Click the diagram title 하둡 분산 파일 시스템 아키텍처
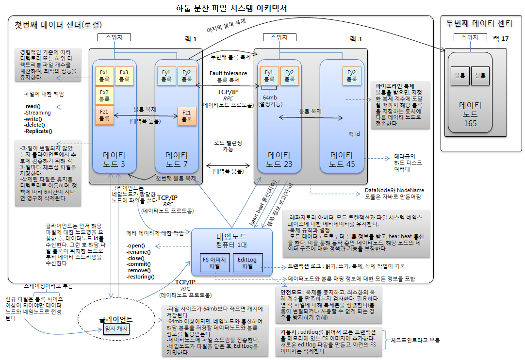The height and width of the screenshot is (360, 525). pyautogui.click(x=231, y=8)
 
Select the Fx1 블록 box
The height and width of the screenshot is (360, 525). pyautogui.click(x=104, y=75)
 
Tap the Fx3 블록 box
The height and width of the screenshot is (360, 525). pyautogui.click(x=124, y=75)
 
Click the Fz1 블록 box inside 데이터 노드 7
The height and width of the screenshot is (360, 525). pyautogui.click(x=187, y=115)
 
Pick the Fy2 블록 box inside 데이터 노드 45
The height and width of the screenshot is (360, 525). pyautogui.click(x=352, y=75)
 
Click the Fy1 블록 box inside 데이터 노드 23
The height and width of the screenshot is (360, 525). pyautogui.click(x=269, y=75)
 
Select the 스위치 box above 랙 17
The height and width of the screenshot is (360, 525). pyautogui.click(x=469, y=37)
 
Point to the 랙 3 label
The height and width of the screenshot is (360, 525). pyautogui.click(x=356, y=39)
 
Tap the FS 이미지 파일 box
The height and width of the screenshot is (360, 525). pyautogui.click(x=215, y=262)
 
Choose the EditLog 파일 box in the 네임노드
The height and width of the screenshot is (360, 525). pyautogui.click(x=247, y=262)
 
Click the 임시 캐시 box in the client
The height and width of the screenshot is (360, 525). pyautogui.click(x=116, y=329)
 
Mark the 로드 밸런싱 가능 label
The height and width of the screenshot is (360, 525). pyautogui.click(x=228, y=146)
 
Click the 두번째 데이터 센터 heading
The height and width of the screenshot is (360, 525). pyautogui.click(x=479, y=23)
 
